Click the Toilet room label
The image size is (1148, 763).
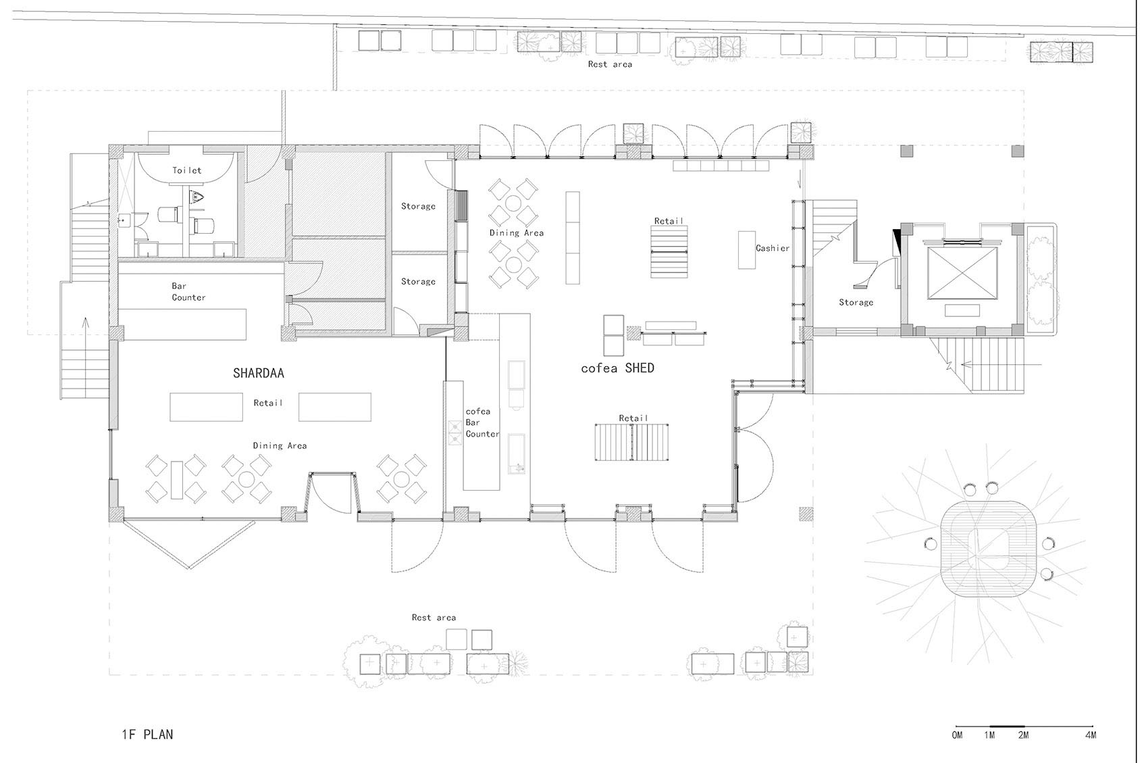pyautogui.click(x=186, y=170)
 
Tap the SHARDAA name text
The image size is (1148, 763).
pyautogui.click(x=258, y=373)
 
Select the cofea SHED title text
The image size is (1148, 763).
pyautogui.click(x=618, y=368)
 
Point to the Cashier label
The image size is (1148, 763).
pyautogui.click(x=773, y=248)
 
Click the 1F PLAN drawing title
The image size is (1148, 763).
pyautogui.click(x=147, y=735)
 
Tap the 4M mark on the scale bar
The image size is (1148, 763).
pyautogui.click(x=1091, y=735)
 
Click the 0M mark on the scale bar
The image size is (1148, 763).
pyautogui.click(x=957, y=735)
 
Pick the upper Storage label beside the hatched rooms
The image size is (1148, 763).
pyautogui.click(x=418, y=206)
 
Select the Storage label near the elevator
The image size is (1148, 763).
pyautogui.click(x=856, y=303)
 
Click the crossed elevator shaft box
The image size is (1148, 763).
pyautogui.click(x=962, y=273)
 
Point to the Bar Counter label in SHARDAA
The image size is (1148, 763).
pyautogui.click(x=188, y=292)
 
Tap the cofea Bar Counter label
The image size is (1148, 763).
pyautogui.click(x=482, y=422)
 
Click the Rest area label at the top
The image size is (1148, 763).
pyautogui.click(x=610, y=65)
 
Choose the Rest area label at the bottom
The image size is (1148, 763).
pyautogui.click(x=434, y=618)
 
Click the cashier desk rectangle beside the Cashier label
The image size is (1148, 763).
pyautogui.click(x=747, y=250)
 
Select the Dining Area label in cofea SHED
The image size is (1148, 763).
pyautogui.click(x=517, y=232)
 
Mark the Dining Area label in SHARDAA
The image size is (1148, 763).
pyautogui.click(x=280, y=446)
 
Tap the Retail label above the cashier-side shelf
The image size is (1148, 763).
pyautogui.click(x=669, y=221)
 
